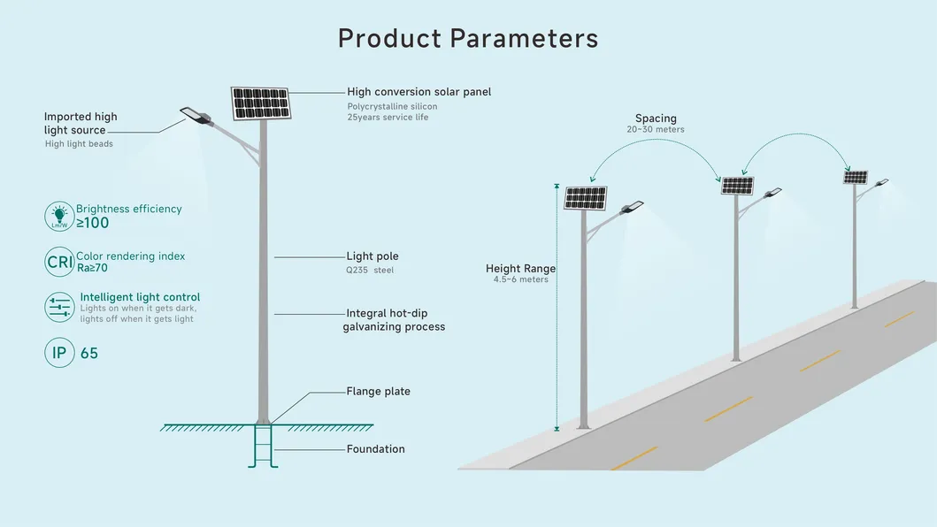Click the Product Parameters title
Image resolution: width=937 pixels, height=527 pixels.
tap(468, 38)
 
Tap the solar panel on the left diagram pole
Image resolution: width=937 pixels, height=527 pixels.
tap(261, 103)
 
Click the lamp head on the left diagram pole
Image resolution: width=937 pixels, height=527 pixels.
tap(193, 115)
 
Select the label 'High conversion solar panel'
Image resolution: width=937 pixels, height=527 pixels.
tap(419, 92)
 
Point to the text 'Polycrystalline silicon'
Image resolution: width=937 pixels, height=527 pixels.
tap(392, 106)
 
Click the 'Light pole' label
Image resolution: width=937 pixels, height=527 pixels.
tap(372, 256)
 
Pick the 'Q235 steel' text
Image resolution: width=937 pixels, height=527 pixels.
tap(370, 270)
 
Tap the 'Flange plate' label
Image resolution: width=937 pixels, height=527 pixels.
tap(378, 391)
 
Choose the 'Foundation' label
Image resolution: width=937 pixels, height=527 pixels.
tap(375, 449)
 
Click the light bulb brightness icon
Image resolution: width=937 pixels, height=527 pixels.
tap(59, 216)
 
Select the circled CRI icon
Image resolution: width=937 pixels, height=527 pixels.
tap(59, 262)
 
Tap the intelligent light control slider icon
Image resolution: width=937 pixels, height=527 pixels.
tap(59, 308)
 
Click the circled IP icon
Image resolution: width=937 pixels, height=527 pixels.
tap(59, 353)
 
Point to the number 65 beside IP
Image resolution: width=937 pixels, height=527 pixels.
tap(88, 354)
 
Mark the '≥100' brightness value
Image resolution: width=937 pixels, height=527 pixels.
tap(92, 223)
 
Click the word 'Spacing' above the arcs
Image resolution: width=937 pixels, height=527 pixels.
tap(656, 118)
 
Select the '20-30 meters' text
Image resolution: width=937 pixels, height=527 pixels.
tap(656, 130)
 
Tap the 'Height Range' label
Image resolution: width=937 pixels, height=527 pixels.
tap(520, 269)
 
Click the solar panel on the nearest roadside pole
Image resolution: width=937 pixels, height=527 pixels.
tap(586, 198)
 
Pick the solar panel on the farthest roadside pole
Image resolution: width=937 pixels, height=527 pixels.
tap(855, 177)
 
